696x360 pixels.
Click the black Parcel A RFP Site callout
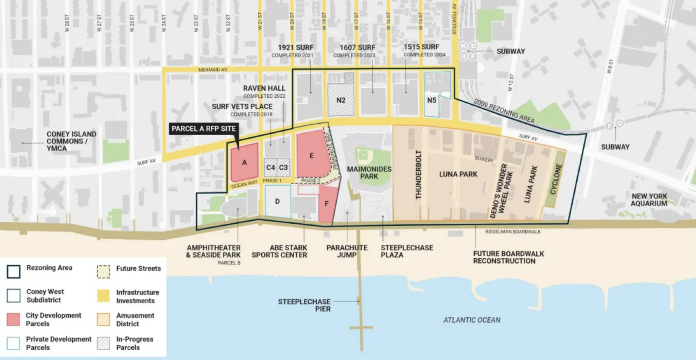[x=203, y=129]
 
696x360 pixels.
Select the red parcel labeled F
[x=327, y=204]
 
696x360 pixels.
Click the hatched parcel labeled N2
[x=341, y=100]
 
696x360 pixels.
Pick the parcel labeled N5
[x=431, y=100]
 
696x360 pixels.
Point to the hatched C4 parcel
[x=271, y=167]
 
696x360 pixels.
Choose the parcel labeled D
[x=277, y=202]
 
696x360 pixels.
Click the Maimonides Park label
[x=369, y=173]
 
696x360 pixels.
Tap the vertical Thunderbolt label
[x=418, y=174]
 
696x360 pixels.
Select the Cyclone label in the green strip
[x=556, y=179]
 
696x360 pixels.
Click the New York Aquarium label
[x=649, y=200]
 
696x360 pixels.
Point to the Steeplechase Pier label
[x=304, y=305]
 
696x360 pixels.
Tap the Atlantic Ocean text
[x=472, y=320]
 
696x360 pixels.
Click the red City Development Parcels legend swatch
[x=13, y=319]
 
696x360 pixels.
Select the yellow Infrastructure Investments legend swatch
[x=103, y=296]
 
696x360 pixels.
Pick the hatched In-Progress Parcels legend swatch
[x=103, y=343]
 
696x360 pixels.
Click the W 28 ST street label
[x=67, y=23]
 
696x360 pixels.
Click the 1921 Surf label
[x=295, y=47]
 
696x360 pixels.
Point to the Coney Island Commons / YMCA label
[x=71, y=141]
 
